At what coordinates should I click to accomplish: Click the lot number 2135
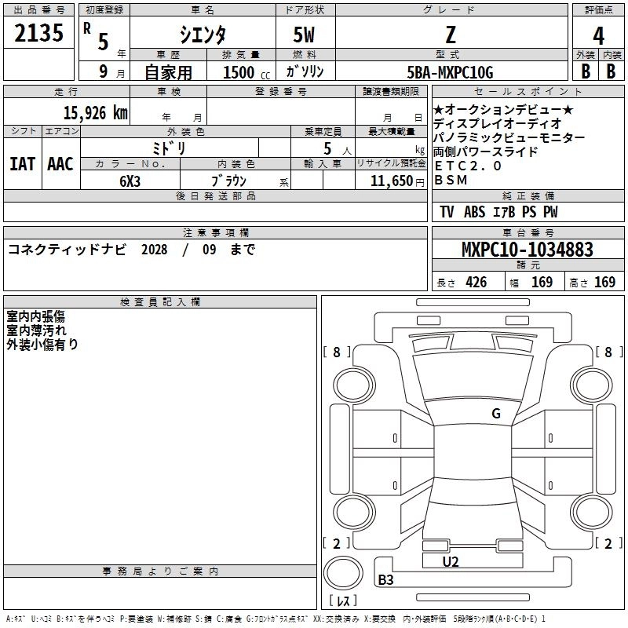[x=39, y=35]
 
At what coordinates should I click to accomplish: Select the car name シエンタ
[x=203, y=34]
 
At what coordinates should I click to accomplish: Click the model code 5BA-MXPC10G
[x=451, y=72]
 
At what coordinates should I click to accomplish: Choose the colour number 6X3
[x=130, y=181]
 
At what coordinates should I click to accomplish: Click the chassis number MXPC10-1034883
[x=527, y=250]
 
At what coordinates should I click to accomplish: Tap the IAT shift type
[x=21, y=163]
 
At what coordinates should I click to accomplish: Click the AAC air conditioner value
[x=60, y=163]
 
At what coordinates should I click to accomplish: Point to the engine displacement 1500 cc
[x=244, y=72]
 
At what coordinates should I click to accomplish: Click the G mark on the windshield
[x=495, y=414]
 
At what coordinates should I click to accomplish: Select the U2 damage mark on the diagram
[x=451, y=561]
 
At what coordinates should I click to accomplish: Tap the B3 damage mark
[x=386, y=580]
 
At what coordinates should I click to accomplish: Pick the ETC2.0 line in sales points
[x=468, y=166]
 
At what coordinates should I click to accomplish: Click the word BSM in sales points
[x=451, y=180]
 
